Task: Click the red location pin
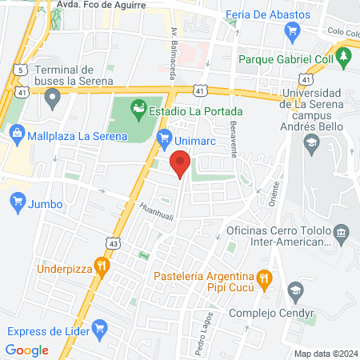181,165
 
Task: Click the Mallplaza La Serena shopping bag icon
14,135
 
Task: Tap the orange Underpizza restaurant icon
101,264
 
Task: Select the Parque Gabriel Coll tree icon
344,57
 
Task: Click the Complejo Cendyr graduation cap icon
295,290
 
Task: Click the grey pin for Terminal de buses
54,99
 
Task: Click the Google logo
26,350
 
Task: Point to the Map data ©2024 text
325,354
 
